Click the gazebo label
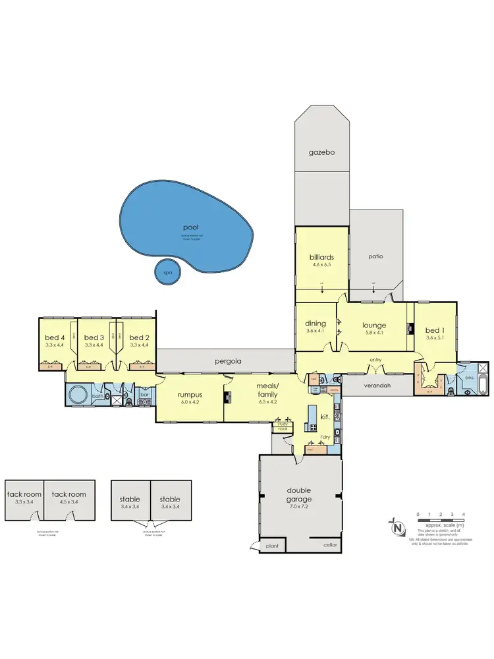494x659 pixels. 323,152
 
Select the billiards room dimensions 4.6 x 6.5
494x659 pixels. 323,266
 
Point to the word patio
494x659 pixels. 376,256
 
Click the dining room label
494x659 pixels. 316,324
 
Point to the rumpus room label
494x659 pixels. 189,395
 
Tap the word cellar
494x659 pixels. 331,545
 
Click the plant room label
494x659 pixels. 273,546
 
